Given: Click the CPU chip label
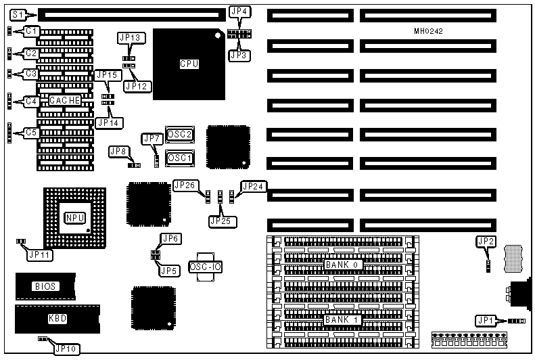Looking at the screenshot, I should pyautogui.click(x=189, y=64).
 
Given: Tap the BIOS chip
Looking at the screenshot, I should pyautogui.click(x=46, y=286).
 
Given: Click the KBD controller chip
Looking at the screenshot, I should pyautogui.click(x=53, y=317).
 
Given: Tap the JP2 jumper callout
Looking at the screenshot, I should pyautogui.click(x=486, y=241).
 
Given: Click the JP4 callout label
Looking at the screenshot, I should pyautogui.click(x=239, y=12).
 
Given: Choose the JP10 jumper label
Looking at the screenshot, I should pyautogui.click(x=66, y=349).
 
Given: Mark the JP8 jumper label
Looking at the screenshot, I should pyautogui.click(x=118, y=152).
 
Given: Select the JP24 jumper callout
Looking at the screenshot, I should pyautogui.click(x=254, y=186).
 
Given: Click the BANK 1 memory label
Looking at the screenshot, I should pyautogui.click(x=342, y=319).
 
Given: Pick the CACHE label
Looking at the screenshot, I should pyautogui.click(x=65, y=101).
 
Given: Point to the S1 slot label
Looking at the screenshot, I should pyautogui.click(x=19, y=13).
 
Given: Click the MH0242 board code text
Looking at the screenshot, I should pyautogui.click(x=430, y=31).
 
